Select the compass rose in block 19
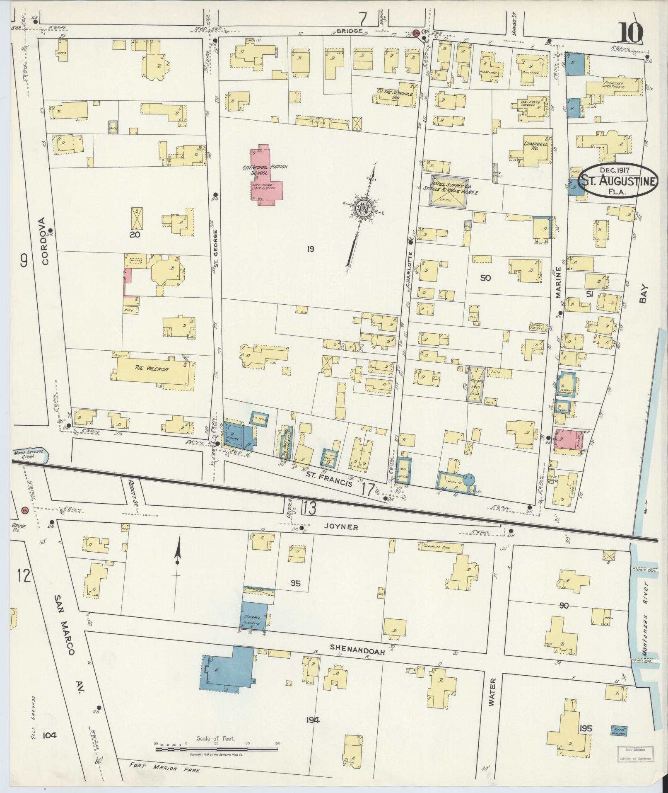[x=363, y=209]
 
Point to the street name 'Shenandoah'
[x=358, y=650]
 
